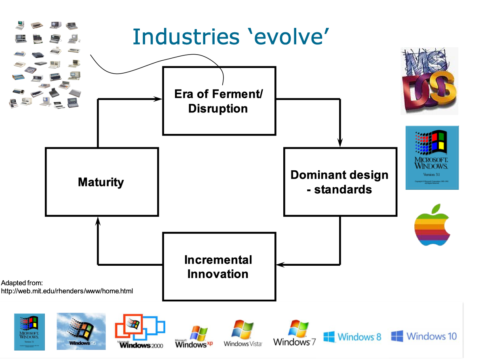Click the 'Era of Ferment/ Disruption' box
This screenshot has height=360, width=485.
219,101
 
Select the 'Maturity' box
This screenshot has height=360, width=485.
101,182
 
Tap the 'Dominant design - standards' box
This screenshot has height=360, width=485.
340,182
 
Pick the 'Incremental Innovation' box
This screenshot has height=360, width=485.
219,267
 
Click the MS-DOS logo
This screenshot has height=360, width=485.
429,81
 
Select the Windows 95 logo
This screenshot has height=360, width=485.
81,331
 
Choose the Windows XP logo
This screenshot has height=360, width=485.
194,337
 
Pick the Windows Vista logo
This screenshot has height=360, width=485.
243,333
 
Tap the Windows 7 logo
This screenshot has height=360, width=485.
295,333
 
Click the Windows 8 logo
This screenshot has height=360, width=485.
352,336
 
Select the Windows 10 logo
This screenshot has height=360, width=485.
424,336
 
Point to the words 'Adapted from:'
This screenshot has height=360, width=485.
22,283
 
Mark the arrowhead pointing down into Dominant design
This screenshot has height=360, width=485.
340,142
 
